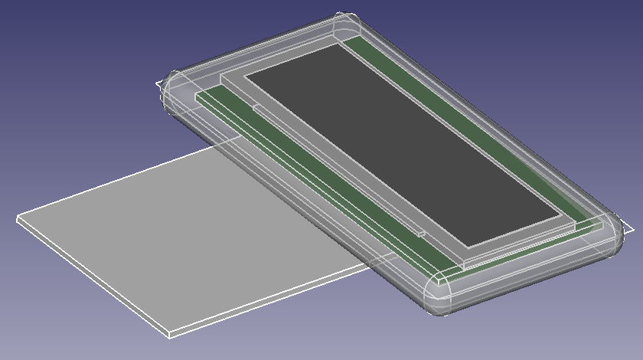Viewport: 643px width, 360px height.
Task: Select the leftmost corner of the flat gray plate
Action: pos(18,218)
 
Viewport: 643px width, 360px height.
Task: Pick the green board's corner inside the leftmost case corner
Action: pos(197,96)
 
